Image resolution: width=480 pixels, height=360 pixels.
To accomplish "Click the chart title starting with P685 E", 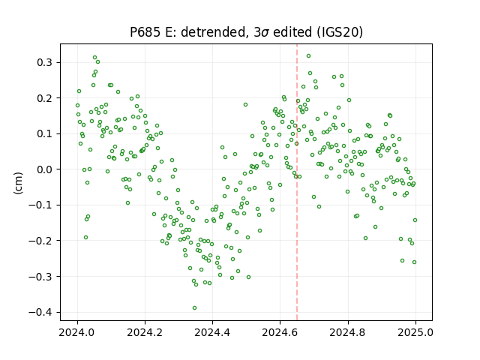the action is point(247,32).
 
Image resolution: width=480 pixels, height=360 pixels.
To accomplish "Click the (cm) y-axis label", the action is point(18,183).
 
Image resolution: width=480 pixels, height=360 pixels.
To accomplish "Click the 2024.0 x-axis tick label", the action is point(77,332).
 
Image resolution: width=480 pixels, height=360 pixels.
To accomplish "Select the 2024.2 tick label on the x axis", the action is point(145,332).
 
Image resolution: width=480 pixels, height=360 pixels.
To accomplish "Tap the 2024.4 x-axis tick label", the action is point(212,332).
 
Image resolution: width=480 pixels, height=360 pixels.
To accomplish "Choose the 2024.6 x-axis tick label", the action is point(280,332).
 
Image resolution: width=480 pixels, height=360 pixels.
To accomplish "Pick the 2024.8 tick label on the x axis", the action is point(348,332).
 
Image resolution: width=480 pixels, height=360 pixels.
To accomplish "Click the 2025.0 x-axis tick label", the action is point(415,332).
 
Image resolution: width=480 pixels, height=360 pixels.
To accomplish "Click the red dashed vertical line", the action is point(297,182).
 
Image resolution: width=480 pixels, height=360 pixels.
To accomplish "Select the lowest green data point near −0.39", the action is point(194,308).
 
